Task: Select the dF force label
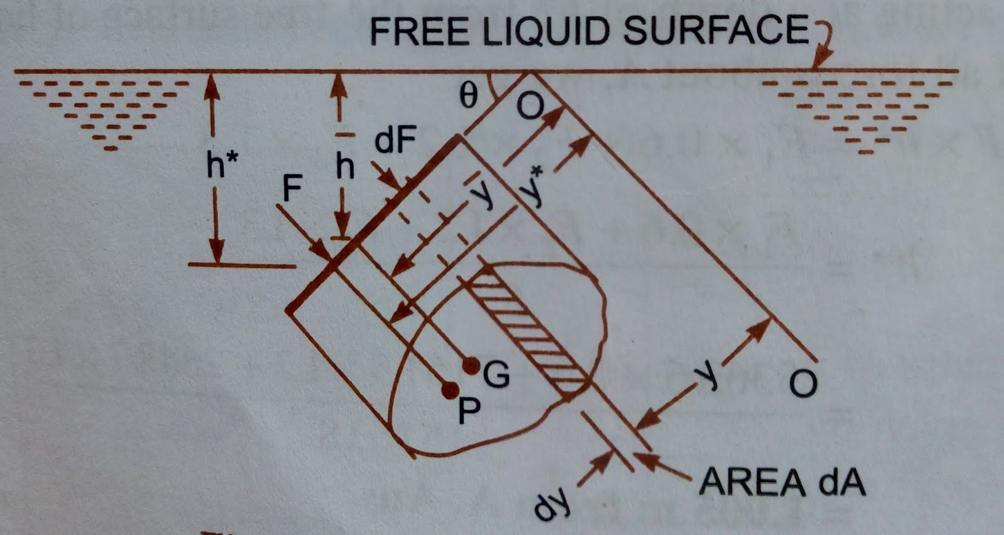395,141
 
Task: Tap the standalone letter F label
292,187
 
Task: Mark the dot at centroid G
471,365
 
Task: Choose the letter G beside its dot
496,375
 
